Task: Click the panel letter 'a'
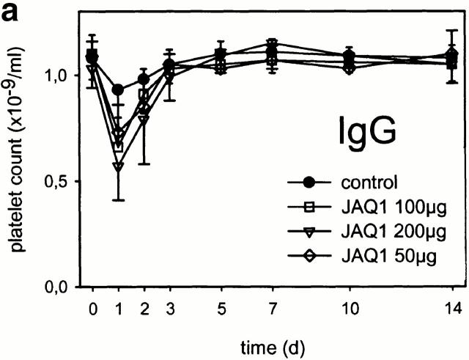(x=10, y=12)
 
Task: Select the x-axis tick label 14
(x=456, y=309)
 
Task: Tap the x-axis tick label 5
(x=221, y=309)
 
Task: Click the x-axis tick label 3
(x=169, y=309)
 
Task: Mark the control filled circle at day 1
(x=118, y=89)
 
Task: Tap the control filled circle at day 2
(x=144, y=79)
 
